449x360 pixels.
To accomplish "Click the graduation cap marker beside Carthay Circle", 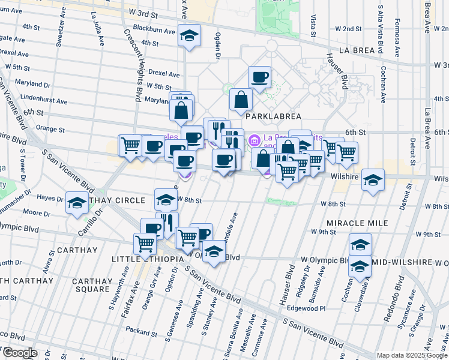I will (77, 203).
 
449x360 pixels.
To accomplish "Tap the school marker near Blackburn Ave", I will (189, 36).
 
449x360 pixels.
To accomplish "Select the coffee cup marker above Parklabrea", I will (260, 77).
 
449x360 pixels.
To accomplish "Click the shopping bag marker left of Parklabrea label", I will (241, 100).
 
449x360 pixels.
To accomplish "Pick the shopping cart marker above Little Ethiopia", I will (145, 244).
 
